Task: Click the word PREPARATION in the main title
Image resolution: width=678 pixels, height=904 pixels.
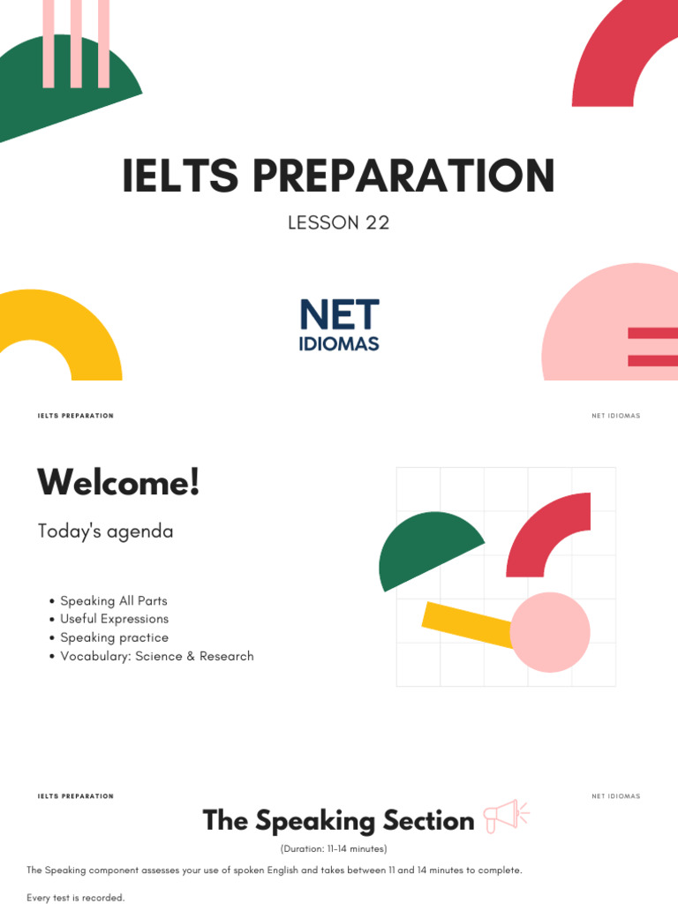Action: point(403,176)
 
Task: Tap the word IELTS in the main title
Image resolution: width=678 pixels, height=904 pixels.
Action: point(180,176)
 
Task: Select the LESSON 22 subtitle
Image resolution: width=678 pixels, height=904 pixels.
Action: point(338,222)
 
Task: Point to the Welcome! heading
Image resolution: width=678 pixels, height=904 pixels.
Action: point(118,483)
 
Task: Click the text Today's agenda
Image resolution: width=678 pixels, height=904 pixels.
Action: point(105,531)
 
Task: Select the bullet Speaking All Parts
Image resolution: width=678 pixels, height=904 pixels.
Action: point(113,601)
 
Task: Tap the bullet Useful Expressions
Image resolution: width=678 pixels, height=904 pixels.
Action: point(114,620)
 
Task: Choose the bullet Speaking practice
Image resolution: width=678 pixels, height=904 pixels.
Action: point(114,638)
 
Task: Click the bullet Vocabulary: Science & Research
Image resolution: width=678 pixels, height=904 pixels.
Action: point(156,657)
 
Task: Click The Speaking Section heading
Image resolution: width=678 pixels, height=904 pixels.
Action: point(338,821)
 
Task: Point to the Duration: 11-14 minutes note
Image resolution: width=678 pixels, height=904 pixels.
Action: point(334,849)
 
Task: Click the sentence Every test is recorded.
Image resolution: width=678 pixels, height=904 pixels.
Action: point(76,898)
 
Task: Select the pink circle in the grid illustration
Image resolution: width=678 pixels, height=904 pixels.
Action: point(550,632)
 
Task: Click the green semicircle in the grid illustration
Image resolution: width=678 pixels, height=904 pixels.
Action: point(426,547)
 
